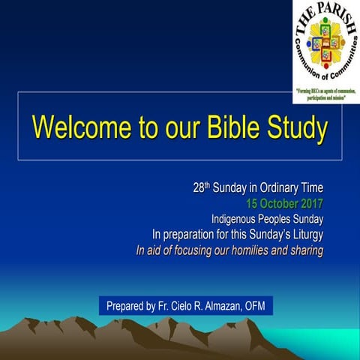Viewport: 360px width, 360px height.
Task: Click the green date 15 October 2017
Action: (x=284, y=202)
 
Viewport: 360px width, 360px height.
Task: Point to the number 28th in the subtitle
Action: (x=201, y=187)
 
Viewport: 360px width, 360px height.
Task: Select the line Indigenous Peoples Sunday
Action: (x=267, y=218)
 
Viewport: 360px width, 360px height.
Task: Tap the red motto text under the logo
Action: (x=326, y=94)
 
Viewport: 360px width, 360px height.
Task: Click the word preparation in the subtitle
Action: (x=193, y=234)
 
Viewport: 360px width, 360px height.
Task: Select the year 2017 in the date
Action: (x=311, y=202)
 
